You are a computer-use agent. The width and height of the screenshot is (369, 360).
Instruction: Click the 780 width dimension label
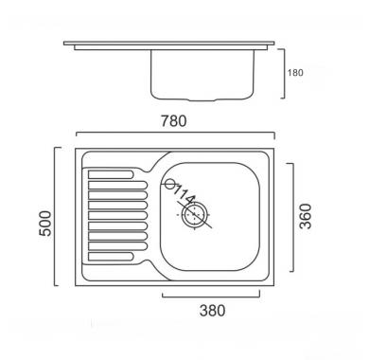click(174, 121)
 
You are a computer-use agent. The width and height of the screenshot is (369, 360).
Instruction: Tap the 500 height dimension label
click(44, 224)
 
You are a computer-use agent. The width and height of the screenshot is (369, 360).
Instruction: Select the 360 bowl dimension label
click(306, 216)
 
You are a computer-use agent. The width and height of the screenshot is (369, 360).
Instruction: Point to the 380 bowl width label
click(212, 311)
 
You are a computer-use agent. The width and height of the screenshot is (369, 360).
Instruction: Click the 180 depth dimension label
click(295, 73)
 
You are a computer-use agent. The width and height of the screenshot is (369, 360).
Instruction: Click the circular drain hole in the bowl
click(194, 214)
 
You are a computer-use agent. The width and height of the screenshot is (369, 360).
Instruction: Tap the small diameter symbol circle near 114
click(170, 184)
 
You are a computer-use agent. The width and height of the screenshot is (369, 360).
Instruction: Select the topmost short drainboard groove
click(111, 174)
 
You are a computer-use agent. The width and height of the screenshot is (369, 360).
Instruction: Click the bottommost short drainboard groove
click(111, 257)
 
